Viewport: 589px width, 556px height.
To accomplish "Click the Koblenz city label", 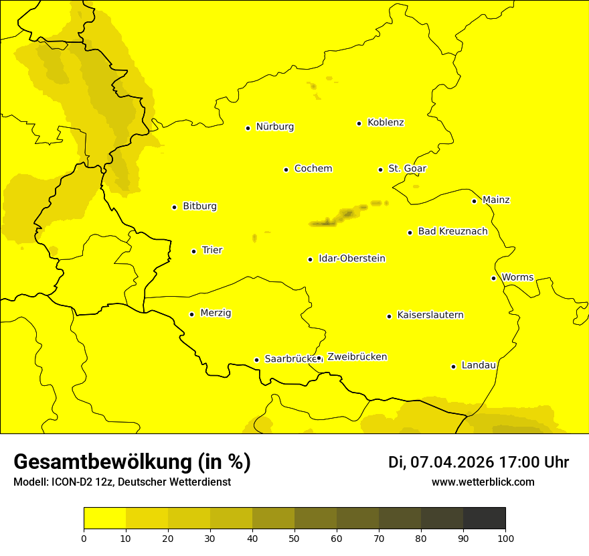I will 386,123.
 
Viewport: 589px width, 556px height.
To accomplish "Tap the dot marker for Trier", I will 194,251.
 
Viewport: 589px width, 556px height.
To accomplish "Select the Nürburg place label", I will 274,127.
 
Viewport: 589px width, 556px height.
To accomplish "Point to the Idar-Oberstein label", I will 351,259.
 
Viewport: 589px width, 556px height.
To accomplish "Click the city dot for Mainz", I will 474,201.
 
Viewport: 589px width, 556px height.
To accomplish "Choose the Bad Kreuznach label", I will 452,231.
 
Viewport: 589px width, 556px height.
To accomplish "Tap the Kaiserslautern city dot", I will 389,316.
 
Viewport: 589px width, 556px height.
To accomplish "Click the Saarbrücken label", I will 289,359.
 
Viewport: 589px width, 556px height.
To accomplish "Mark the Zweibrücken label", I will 357,357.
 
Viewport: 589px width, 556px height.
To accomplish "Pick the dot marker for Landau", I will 453,366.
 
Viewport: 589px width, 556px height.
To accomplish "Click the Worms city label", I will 517,277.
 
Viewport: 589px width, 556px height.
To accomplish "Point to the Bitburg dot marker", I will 174,207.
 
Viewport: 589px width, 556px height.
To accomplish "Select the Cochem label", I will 313,169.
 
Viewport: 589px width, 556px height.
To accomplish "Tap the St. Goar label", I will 407,169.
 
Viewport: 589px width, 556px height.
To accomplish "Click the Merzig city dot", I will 191,314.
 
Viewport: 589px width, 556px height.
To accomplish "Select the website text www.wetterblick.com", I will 483,482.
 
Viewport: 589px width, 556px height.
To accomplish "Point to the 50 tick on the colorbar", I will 294,538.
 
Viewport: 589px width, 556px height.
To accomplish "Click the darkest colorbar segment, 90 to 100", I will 484,518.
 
